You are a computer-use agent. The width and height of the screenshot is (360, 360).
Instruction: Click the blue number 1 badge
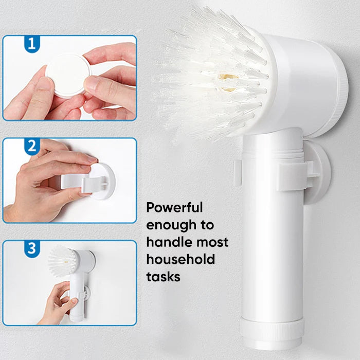click(x=32, y=44)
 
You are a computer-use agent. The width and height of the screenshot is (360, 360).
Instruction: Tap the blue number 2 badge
click(x=32, y=146)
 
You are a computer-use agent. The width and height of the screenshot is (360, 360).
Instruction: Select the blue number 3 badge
click(x=32, y=248)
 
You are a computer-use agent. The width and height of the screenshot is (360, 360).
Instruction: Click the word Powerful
click(x=174, y=207)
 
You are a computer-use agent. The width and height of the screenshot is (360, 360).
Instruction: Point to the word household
click(x=181, y=259)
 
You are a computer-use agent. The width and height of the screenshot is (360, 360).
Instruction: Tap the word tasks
click(x=163, y=277)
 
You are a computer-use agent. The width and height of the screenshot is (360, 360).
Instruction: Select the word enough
click(x=171, y=225)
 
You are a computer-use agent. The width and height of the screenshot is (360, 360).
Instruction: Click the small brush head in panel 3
click(x=62, y=261)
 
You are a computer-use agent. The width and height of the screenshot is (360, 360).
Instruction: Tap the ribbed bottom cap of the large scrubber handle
click(x=272, y=333)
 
